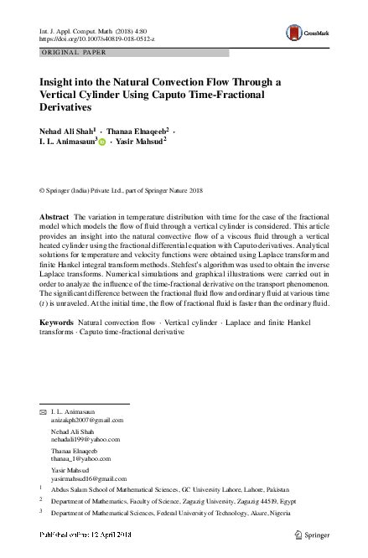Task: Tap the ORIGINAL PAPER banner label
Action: [x=72, y=52]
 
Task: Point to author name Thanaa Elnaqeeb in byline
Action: [x=140, y=132]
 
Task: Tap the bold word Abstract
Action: [x=55, y=217]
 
